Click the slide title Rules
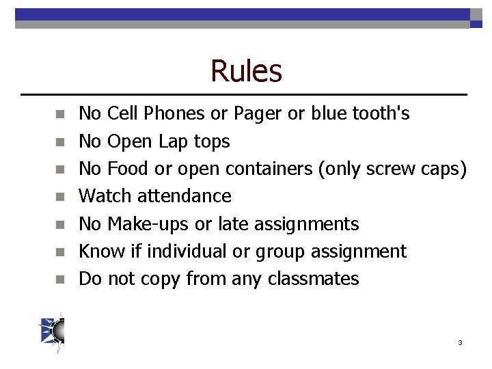[x=246, y=70]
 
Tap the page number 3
[x=460, y=342]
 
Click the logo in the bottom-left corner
[x=53, y=331]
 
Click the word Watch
[x=106, y=196]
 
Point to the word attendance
[x=184, y=196]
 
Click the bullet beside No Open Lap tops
[x=60, y=142]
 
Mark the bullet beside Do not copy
[x=60, y=279]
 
